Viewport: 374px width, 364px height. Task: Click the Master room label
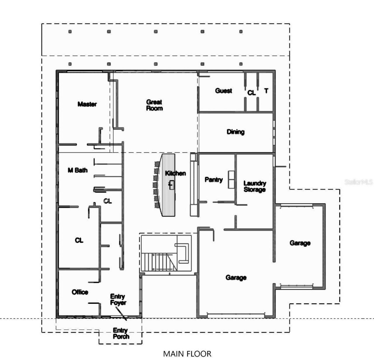click(x=87, y=104)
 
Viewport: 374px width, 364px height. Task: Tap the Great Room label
click(x=155, y=105)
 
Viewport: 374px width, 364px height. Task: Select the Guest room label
click(x=224, y=91)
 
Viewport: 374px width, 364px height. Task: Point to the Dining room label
click(x=236, y=132)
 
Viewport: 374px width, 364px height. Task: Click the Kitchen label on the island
click(x=175, y=173)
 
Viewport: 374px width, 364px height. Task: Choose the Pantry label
click(x=214, y=180)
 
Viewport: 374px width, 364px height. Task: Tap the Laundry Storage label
click(x=255, y=186)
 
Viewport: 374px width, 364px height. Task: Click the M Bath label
click(x=77, y=170)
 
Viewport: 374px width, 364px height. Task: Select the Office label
click(x=80, y=292)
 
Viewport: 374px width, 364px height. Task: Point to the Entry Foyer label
click(x=118, y=300)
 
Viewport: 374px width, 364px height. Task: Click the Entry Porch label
click(x=121, y=333)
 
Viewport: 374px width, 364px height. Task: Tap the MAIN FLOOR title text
click(x=187, y=354)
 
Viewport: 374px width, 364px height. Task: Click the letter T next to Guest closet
click(x=266, y=91)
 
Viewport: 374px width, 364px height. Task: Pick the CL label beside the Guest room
click(x=251, y=93)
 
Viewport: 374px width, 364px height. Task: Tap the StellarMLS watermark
click(x=359, y=182)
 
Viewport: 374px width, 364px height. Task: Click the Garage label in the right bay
click(x=300, y=243)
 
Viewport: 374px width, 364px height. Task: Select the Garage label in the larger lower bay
click(x=236, y=277)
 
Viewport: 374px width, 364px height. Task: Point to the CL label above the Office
click(x=79, y=240)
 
